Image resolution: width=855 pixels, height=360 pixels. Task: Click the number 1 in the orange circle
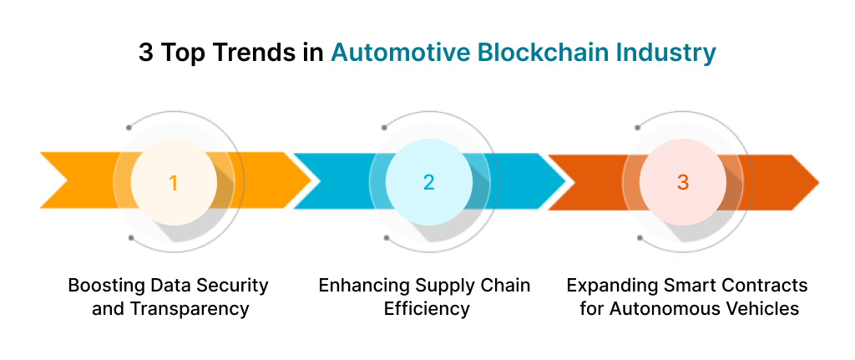tap(174, 182)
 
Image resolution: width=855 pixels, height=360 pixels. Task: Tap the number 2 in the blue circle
tap(428, 182)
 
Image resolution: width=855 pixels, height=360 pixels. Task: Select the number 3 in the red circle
tap(683, 182)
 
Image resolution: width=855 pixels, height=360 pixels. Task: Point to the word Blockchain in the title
tap(545, 53)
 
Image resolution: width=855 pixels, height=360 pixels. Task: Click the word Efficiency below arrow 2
tap(427, 308)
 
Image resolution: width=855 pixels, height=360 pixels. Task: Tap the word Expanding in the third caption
tap(606, 285)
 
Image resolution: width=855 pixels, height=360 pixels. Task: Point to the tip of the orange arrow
tap(310, 180)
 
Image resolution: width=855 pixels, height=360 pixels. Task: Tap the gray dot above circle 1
tap(129, 128)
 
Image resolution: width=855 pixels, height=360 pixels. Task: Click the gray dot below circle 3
tap(639, 237)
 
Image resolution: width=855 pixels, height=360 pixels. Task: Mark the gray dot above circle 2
tap(384, 128)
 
